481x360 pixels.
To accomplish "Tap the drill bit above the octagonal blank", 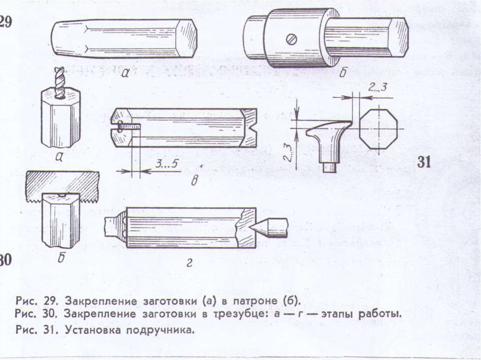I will [58, 83].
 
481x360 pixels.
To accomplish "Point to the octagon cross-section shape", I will [378, 129].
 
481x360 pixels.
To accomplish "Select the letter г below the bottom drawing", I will [188, 264].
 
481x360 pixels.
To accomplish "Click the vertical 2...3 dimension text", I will [287, 151].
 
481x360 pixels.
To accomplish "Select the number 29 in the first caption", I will [51, 300].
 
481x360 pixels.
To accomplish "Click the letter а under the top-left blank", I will [124, 73].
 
